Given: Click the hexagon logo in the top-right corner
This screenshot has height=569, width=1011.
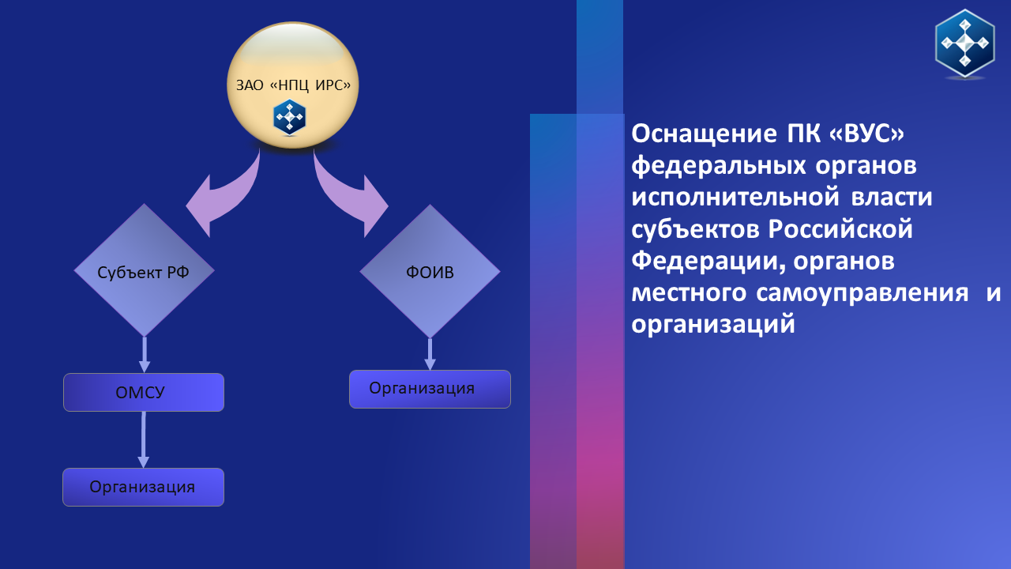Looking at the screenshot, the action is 965,43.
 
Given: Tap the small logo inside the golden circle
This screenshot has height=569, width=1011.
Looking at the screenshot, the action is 290,117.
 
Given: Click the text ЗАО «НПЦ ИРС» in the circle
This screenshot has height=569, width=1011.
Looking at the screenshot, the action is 293,85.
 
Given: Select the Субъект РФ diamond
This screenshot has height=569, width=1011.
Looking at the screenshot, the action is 144,270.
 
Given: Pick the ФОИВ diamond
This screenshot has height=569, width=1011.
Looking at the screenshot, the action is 430,271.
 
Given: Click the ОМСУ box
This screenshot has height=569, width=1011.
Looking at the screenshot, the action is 144,393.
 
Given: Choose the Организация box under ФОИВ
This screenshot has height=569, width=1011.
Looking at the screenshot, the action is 430,390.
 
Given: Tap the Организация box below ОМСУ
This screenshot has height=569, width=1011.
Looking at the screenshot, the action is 143,488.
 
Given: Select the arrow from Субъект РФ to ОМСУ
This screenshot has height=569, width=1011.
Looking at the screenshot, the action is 145,355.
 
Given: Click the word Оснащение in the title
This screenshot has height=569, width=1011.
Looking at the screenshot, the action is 704,134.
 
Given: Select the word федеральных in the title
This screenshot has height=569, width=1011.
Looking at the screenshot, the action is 719,166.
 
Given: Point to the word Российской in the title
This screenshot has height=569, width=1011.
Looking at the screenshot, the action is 840,229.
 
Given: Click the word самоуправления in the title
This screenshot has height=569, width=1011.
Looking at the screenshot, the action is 862,293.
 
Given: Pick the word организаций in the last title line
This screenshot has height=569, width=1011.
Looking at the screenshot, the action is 713,325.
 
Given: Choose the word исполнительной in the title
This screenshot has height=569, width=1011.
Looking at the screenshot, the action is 735,198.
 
